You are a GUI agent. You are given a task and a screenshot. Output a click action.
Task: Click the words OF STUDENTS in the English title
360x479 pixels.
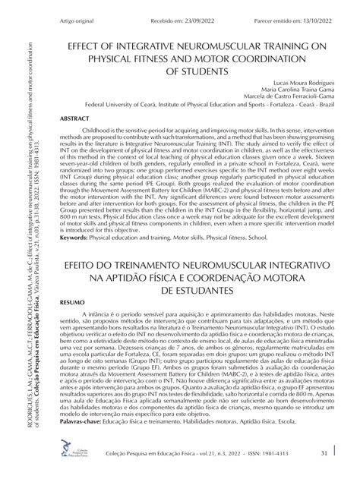point(195,71)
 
